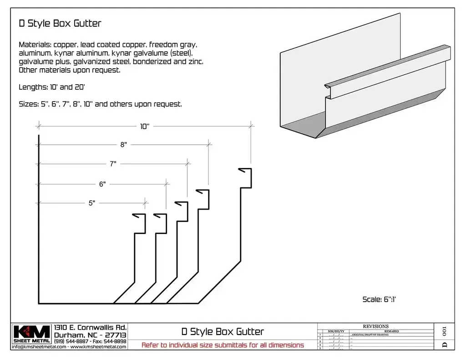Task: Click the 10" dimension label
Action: (145, 127)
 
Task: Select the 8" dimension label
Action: (123, 145)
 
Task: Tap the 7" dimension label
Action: (113, 164)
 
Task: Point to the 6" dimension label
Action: (102, 184)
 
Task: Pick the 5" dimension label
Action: (91, 203)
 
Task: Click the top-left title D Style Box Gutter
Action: (60, 23)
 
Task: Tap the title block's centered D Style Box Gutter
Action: (222, 331)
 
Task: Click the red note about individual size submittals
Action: (223, 345)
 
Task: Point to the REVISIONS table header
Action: (375, 326)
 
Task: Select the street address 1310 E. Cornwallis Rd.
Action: (90, 328)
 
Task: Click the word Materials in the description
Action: (35, 45)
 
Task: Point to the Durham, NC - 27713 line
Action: (90, 335)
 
